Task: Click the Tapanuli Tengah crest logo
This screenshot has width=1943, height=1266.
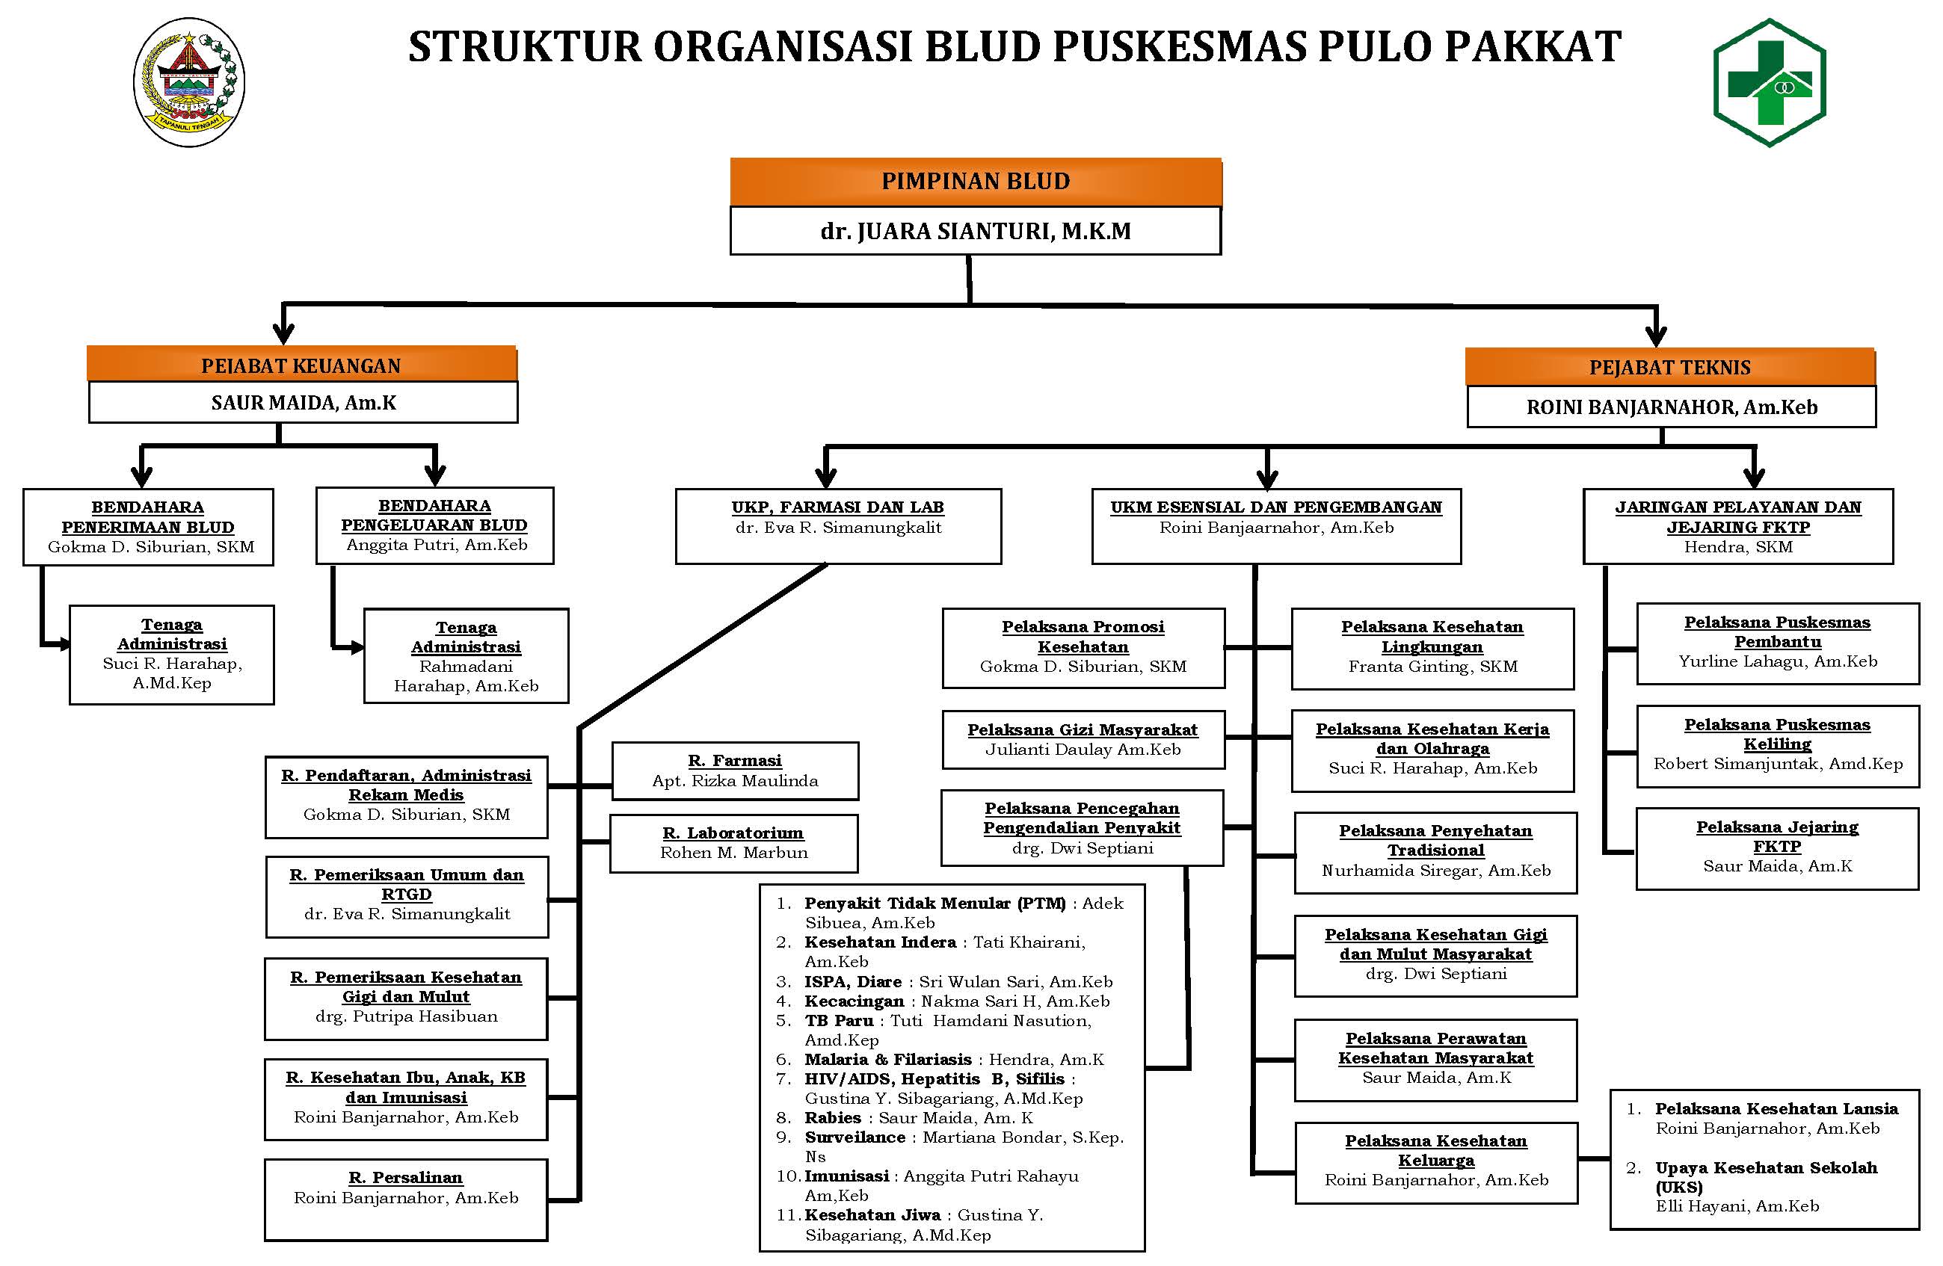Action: [188, 82]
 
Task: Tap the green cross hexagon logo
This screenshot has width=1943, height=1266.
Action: [1769, 82]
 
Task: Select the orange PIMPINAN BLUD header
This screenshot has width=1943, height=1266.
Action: [975, 181]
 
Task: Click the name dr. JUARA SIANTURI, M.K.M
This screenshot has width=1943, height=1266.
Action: [975, 231]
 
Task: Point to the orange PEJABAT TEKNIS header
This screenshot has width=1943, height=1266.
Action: [1669, 367]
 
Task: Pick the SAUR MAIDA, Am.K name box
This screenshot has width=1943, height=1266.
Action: [303, 402]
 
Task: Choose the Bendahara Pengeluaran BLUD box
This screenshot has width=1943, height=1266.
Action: [434, 525]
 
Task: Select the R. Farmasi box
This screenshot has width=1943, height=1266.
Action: [735, 770]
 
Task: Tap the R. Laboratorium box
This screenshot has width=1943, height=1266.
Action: [733, 842]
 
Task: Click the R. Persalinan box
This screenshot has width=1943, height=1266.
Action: [406, 1197]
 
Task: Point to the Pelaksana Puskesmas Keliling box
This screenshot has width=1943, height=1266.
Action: [1777, 744]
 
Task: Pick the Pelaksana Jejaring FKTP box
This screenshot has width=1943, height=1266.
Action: [1776, 847]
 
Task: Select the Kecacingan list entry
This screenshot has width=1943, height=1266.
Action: [955, 1001]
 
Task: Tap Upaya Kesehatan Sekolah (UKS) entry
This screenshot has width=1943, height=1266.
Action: [1765, 1176]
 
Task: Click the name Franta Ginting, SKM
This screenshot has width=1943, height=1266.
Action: [1432, 666]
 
